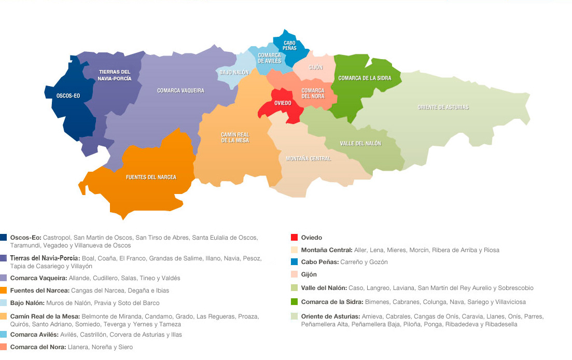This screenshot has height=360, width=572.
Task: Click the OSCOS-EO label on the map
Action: point(68,95)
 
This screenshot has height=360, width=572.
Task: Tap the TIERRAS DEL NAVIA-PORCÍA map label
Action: point(114,75)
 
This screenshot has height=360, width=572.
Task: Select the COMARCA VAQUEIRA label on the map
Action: point(180,91)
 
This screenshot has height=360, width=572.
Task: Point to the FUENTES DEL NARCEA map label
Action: point(151,177)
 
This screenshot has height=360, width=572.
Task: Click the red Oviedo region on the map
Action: point(283,103)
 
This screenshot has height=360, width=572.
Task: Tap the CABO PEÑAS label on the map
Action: point(289,46)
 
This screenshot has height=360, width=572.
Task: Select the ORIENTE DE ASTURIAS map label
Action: point(443,107)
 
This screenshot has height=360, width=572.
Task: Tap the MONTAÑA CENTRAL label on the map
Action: point(309,159)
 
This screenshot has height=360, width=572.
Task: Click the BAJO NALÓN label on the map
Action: point(234,73)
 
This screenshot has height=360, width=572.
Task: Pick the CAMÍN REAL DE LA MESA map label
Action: point(235,137)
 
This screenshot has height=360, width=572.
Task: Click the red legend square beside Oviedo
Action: point(294,238)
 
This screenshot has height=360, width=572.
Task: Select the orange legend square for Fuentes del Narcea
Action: point(4,290)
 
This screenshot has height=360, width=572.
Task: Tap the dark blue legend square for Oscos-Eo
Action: point(4,238)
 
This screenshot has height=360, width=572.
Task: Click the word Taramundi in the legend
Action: point(25,245)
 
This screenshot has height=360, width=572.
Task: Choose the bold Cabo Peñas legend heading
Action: point(319,262)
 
